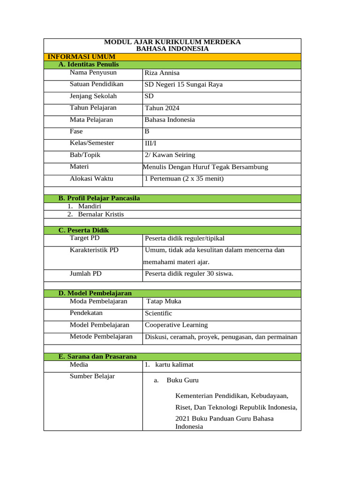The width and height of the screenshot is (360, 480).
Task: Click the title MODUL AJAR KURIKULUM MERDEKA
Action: (x=172, y=42)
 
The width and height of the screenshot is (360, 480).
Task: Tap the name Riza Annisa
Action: (x=162, y=73)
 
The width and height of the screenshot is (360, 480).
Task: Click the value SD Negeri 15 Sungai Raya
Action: (x=184, y=84)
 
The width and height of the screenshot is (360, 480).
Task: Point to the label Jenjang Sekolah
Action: (x=93, y=96)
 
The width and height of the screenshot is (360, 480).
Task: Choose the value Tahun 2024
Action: (x=162, y=108)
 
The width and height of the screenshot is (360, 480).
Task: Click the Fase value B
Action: (x=147, y=132)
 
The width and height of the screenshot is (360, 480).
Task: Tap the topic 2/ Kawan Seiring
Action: (x=170, y=155)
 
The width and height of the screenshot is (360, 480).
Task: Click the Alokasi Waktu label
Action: (x=91, y=179)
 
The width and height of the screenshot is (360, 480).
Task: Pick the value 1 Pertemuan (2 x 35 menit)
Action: (x=184, y=179)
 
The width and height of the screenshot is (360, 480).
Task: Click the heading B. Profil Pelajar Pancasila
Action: (x=99, y=198)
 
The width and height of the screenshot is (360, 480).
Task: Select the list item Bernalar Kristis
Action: (x=101, y=214)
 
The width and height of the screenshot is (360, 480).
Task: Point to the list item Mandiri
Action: (x=90, y=206)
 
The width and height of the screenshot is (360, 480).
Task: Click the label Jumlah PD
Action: (x=86, y=273)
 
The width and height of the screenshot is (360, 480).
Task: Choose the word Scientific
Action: (x=158, y=313)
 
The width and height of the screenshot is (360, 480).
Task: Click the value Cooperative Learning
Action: (x=176, y=325)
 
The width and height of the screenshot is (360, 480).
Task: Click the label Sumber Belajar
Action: (x=92, y=376)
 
